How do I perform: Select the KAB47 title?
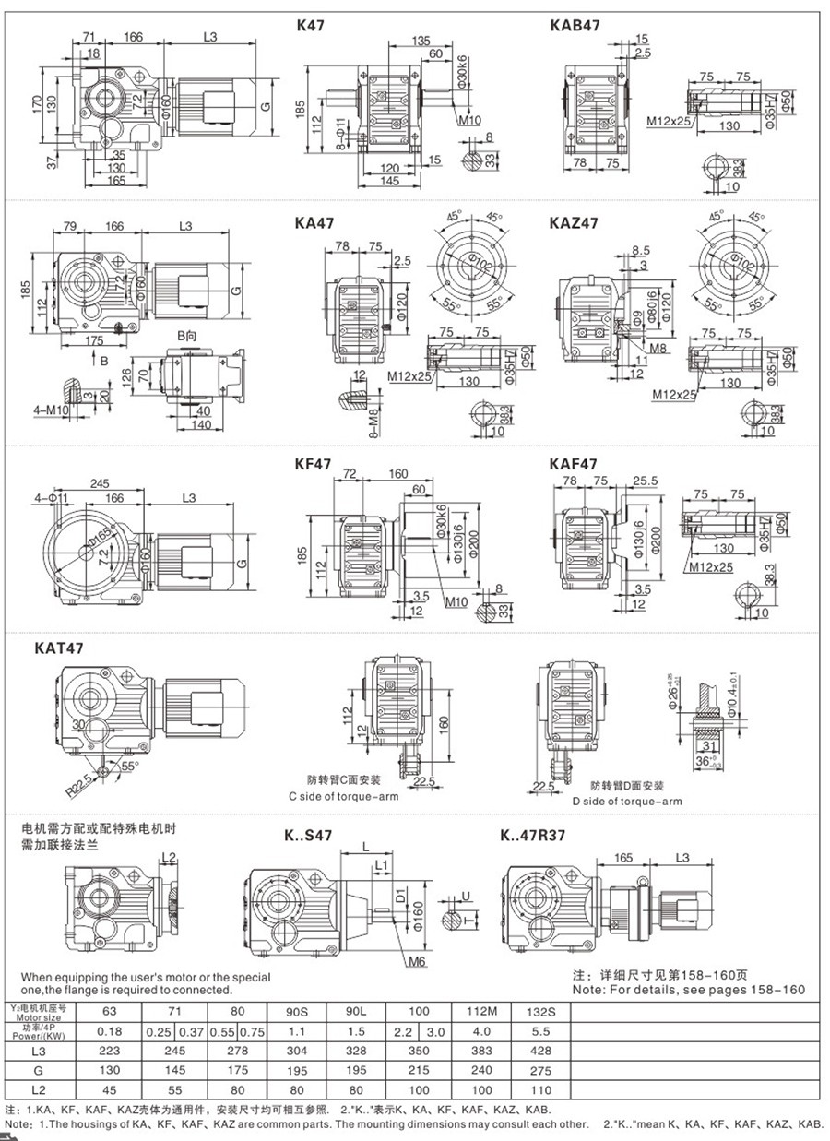(x=575, y=25)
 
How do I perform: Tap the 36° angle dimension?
(x=705, y=762)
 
